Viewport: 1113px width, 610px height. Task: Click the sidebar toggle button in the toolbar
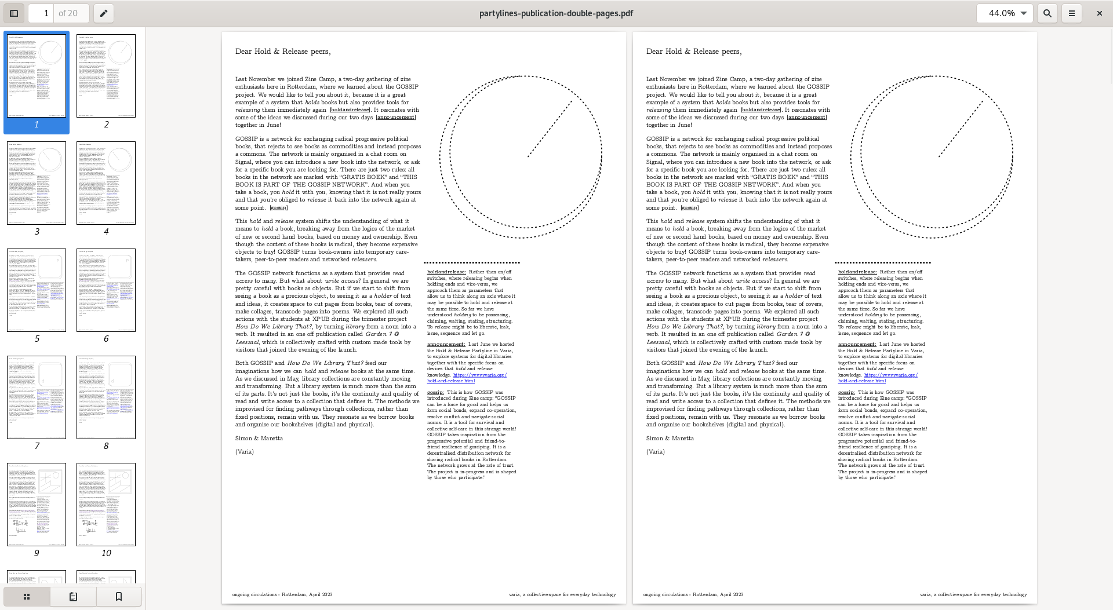[14, 13]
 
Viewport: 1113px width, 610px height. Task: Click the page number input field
[42, 13]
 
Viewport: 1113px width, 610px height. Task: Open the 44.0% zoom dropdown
[1005, 13]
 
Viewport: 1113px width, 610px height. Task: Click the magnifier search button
[1047, 13]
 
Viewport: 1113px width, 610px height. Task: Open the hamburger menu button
[1071, 13]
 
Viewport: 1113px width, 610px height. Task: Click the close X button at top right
[1099, 13]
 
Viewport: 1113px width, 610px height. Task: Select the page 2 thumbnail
[106, 76]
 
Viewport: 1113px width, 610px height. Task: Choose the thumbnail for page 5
[37, 290]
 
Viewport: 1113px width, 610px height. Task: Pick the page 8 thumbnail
[106, 397]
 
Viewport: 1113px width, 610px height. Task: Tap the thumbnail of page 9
[37, 505]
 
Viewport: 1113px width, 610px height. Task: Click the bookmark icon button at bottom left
[119, 596]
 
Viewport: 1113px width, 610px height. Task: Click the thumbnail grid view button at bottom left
[27, 596]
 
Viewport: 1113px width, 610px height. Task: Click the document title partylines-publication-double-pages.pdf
[556, 13]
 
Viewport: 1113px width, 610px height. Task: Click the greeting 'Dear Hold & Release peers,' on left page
[283, 52]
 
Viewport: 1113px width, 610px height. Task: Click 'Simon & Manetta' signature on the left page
[259, 439]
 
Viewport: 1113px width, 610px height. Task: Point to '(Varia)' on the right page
[656, 452]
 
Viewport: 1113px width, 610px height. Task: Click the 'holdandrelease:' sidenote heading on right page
[857, 272]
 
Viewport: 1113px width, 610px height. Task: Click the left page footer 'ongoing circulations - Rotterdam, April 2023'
[282, 594]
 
